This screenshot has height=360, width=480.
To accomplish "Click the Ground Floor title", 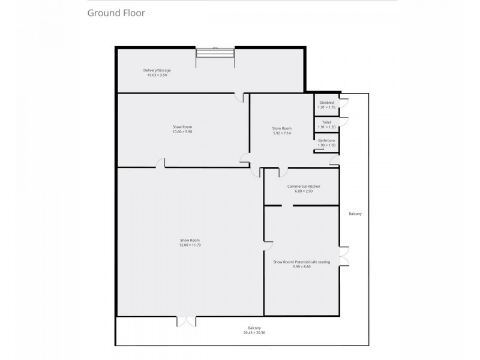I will tap(116, 12).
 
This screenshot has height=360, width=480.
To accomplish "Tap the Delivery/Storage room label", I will tap(157, 70).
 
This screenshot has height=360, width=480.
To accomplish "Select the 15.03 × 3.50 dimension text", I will tap(157, 75).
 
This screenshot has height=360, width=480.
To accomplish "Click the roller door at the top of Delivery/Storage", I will tap(215, 54).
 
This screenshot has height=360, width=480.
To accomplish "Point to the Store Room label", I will tap(281, 128).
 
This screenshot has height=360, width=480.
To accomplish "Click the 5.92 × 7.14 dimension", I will tap(281, 133).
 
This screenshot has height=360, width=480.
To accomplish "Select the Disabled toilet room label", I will tap(326, 103).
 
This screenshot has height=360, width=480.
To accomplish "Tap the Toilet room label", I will tap(326, 122).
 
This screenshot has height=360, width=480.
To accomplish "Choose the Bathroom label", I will tap(326, 140).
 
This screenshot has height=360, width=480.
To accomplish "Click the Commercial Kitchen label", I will tap(304, 187).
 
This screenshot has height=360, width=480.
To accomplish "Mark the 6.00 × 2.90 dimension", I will tap(304, 191).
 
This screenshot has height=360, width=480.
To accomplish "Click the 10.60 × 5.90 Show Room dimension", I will tap(182, 131).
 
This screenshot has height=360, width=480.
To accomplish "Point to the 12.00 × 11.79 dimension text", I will tap(190, 245).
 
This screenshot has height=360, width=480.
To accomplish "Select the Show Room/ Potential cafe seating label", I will tap(302, 262).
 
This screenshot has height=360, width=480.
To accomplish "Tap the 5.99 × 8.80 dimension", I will tap(302, 267).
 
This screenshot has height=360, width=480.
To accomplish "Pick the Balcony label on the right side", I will tap(355, 214).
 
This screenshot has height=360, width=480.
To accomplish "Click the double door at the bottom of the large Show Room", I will tap(187, 321).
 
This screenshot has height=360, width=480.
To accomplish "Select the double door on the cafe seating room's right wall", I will tap(343, 256).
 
